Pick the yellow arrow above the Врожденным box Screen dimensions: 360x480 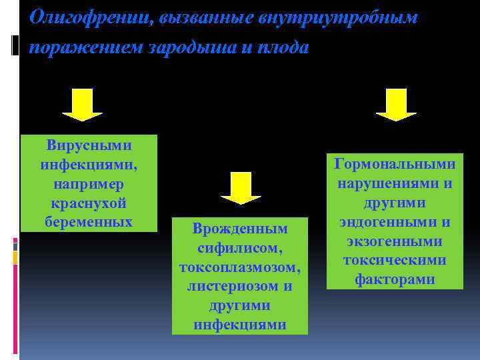[241, 187]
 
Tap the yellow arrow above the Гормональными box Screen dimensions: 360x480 [395, 105]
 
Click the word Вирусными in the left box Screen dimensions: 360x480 [89, 145]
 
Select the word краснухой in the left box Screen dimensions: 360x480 [89, 203]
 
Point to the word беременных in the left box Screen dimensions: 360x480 [89, 221]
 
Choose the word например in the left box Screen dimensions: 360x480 [89, 183]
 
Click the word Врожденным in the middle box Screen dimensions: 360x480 [240, 229]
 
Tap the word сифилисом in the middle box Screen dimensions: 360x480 [240, 248]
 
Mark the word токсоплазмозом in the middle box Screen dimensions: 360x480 [240, 267]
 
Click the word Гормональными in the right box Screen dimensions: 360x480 [395, 164]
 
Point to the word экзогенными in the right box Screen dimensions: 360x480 [395, 241]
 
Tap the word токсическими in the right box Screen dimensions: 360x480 [395, 261]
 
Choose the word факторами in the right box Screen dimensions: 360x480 [395, 280]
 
